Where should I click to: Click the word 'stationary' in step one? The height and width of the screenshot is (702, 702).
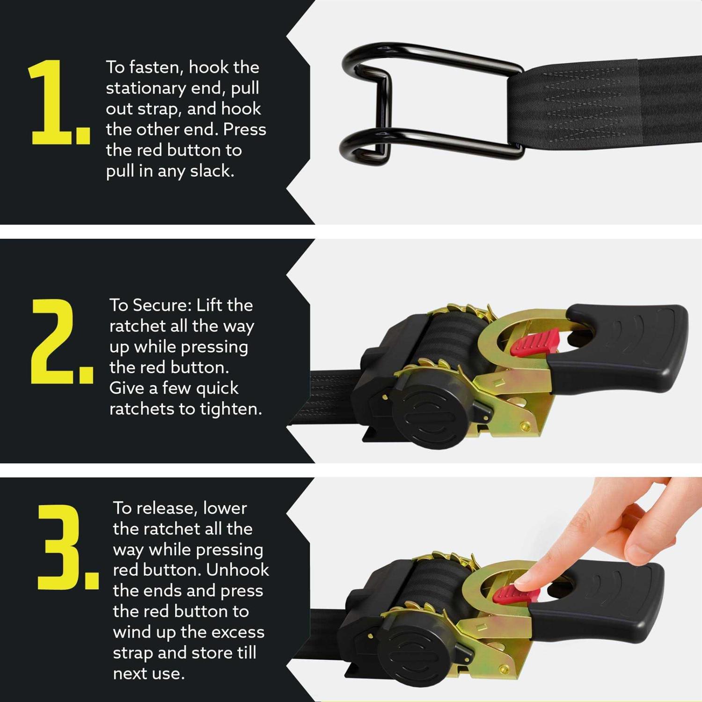tap(146, 88)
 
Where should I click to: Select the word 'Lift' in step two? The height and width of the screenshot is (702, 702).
tap(210, 305)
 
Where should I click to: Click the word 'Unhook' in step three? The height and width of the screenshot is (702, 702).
tap(237, 570)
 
